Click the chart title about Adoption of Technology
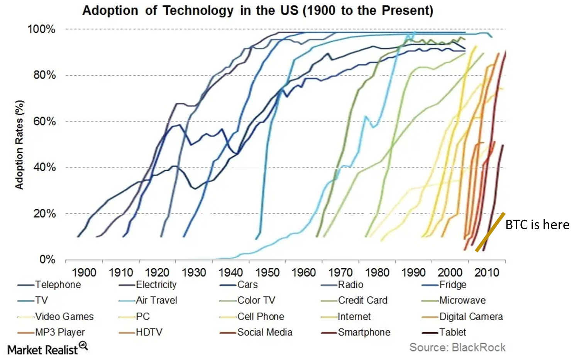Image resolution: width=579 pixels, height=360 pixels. [257, 10]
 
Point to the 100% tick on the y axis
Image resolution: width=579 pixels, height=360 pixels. [41, 29]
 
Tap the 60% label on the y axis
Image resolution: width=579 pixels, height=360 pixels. [44, 121]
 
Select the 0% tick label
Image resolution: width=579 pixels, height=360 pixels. [47, 259]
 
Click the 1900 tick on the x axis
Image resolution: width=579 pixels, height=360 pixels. [84, 272]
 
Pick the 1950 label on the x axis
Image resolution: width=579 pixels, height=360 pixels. [267, 272]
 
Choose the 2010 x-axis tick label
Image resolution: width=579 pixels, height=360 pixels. [487, 272]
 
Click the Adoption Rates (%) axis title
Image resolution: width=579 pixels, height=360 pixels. [19, 145]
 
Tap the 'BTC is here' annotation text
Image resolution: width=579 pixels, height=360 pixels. [537, 225]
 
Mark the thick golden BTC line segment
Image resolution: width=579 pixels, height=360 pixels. [490, 232]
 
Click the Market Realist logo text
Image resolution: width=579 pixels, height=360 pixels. [43, 350]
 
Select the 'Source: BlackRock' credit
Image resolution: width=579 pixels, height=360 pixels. [457, 347]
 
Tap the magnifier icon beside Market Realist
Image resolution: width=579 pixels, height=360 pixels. [83, 345]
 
